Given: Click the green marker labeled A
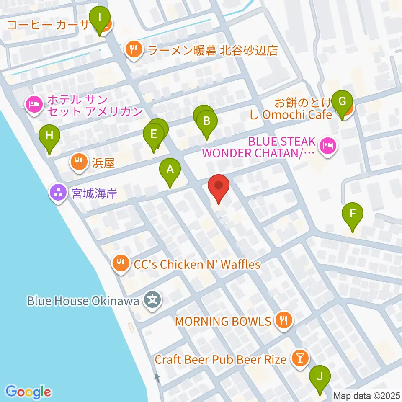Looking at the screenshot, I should [170, 170].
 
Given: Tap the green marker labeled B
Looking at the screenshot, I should [206, 121].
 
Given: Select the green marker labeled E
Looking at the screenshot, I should [153, 134].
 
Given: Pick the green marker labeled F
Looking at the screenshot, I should [353, 213].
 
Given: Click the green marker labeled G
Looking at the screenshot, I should [342, 101].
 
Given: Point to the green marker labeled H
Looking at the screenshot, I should [49, 136].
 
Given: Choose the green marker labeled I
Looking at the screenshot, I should [100, 18].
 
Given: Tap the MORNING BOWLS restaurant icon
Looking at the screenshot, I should [284, 321].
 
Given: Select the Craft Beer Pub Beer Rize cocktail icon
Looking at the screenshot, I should [300, 358].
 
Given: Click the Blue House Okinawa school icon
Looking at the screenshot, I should [152, 300].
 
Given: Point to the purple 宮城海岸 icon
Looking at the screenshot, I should [58, 193].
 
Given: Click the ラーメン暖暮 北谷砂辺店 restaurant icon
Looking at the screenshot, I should [133, 50].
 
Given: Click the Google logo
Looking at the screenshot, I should [28, 392].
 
